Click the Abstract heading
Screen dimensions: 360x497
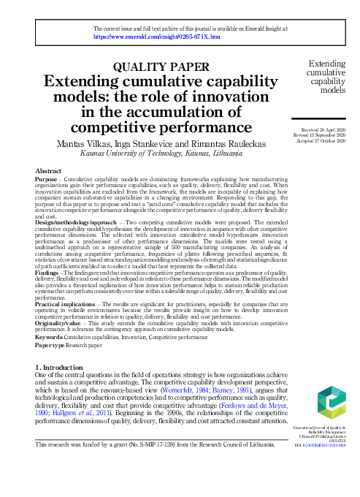[x=48, y=170]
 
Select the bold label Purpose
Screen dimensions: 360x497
[x=47, y=178]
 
